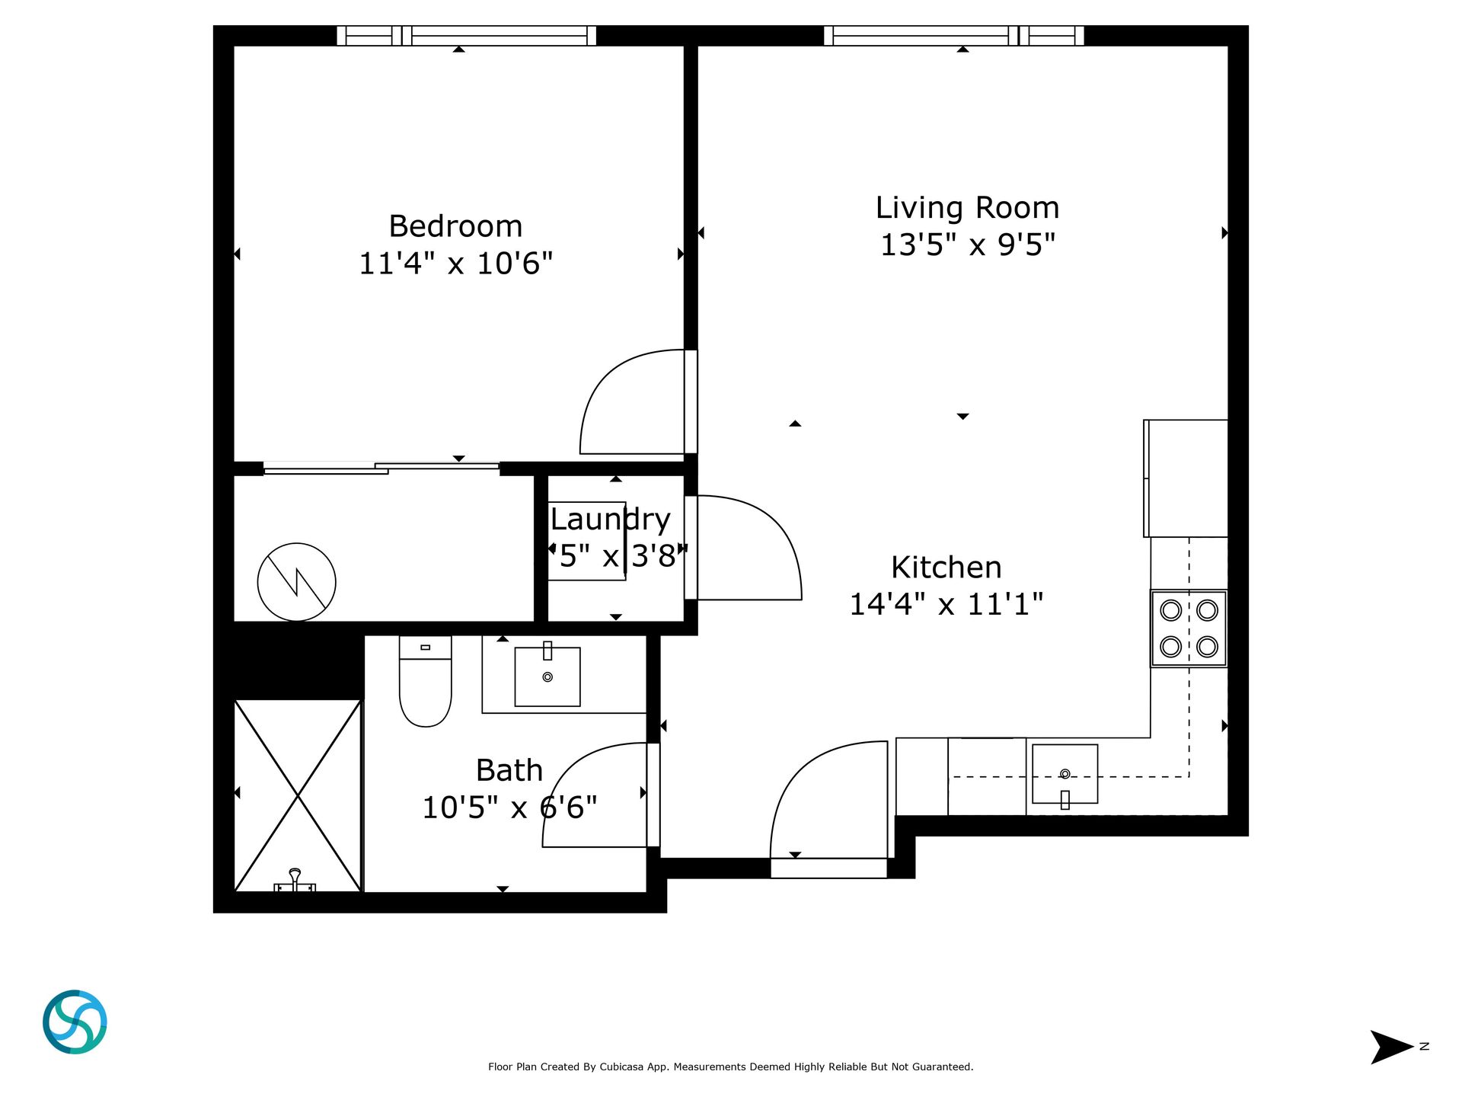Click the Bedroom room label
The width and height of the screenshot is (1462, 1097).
click(x=455, y=226)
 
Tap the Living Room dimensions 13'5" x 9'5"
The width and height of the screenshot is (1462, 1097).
click(x=968, y=245)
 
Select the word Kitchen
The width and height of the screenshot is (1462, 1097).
click(x=946, y=568)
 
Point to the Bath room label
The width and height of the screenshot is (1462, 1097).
click(x=509, y=770)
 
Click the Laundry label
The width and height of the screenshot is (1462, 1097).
click(x=611, y=520)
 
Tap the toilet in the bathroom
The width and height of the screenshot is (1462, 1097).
click(x=426, y=681)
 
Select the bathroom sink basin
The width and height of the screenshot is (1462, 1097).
click(x=547, y=676)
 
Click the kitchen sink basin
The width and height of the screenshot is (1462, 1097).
click(x=1065, y=774)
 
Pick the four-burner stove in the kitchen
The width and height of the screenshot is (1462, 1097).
click(x=1189, y=628)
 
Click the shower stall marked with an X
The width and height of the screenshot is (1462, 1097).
click(x=298, y=795)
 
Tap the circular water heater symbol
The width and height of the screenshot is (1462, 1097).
click(x=297, y=582)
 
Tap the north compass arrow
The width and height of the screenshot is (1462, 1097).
click(x=1391, y=1047)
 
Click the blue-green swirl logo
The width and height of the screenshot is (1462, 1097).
click(x=75, y=1022)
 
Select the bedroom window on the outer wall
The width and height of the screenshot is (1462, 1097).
click(x=467, y=36)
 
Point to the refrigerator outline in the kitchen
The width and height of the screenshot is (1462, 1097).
click(x=1186, y=478)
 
